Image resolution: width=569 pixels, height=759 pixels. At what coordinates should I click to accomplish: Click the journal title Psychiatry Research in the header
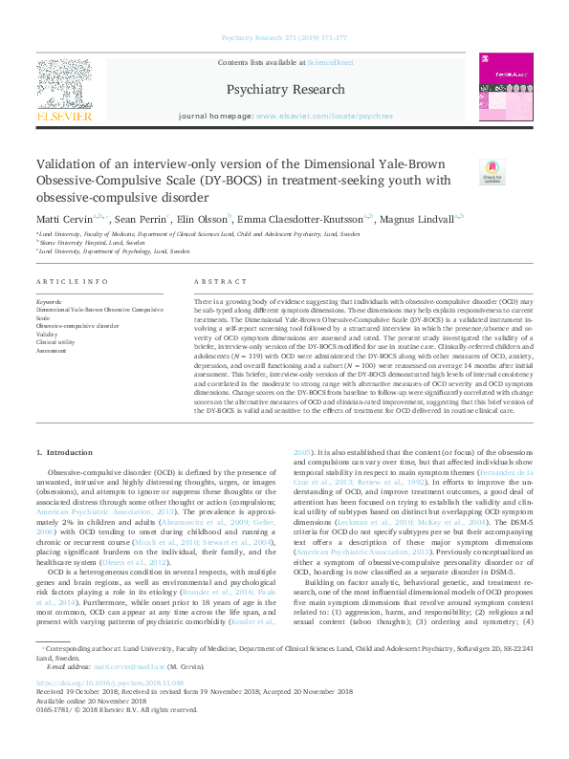point(284,90)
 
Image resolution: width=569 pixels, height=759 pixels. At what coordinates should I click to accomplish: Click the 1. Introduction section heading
point(65,452)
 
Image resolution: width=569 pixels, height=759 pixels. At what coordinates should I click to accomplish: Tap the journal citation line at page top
point(284,37)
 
